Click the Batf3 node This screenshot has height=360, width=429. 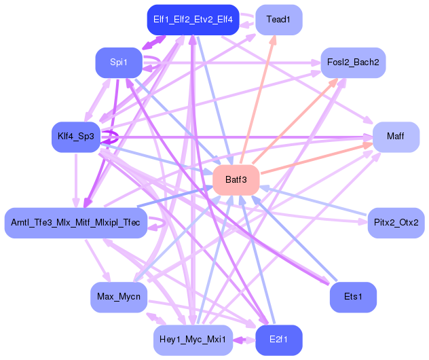tap(236, 180)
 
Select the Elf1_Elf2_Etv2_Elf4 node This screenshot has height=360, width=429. tap(193, 20)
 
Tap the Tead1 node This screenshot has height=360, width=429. tap(278, 20)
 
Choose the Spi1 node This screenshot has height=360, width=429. tap(118, 62)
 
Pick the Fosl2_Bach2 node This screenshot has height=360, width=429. tap(352, 62)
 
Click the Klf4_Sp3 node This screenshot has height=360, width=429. tap(75, 137)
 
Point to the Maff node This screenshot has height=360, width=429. tap(396, 137)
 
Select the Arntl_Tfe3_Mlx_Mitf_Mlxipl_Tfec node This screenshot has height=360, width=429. tap(75, 223)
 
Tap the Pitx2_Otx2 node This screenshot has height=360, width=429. tap(396, 223)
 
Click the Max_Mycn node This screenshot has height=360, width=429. tap(118, 297)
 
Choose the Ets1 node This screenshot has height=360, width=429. tap(352, 297)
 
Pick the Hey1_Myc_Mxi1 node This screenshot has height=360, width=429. tap(193, 340)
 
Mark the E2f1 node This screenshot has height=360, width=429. tap(278, 340)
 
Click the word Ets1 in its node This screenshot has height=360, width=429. tap(352, 297)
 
